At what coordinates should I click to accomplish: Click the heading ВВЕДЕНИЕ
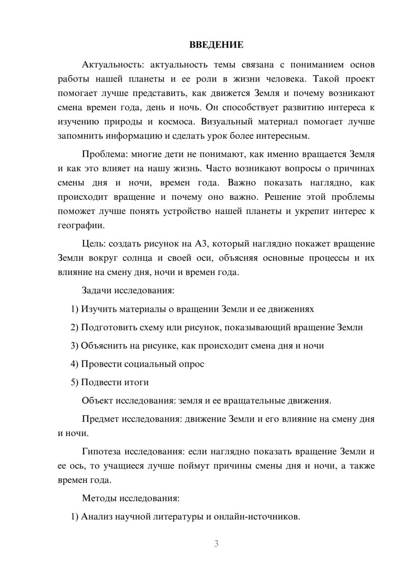coord(216,45)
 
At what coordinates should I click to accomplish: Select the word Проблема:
coord(99,154)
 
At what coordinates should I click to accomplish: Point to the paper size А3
coord(201,244)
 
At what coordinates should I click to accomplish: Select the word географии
coord(81,226)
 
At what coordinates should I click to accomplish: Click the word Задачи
coord(97,290)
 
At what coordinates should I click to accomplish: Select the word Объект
coord(97,401)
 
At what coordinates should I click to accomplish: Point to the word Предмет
coord(100,419)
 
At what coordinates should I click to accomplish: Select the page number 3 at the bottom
coord(216,544)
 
